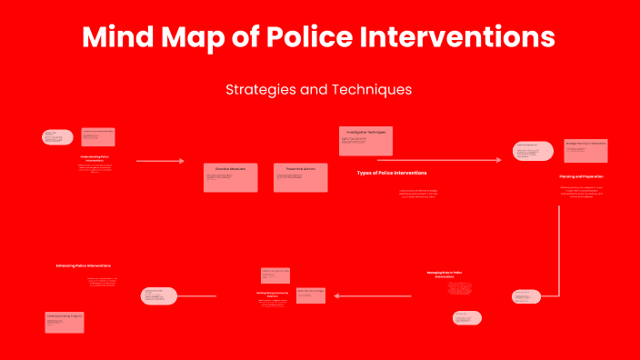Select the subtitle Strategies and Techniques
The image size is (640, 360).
tap(319, 90)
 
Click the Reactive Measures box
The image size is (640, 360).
tap(230, 177)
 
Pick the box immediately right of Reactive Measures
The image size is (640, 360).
tap(300, 177)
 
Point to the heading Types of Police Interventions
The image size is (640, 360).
tap(391, 173)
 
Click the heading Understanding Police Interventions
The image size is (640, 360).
tap(96, 158)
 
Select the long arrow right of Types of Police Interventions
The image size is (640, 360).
tap(438, 160)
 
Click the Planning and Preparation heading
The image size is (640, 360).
tap(581, 176)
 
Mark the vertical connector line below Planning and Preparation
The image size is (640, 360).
tap(557, 245)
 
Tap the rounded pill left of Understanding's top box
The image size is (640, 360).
tap(57, 137)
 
